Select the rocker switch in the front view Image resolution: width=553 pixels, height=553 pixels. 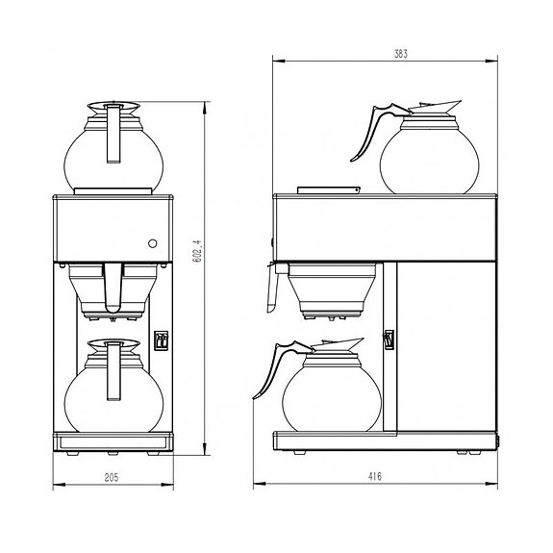[x=161, y=339]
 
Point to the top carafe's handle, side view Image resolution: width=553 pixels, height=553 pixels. [x=364, y=135]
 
